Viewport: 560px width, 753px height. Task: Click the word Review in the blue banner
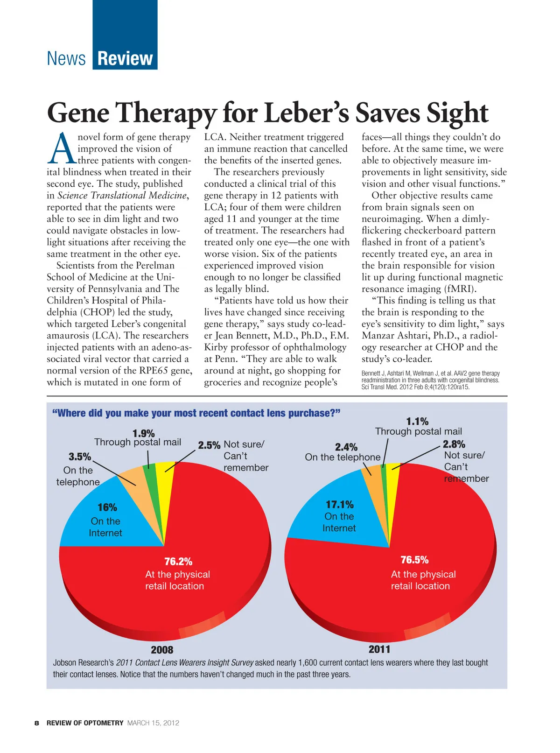point(125,59)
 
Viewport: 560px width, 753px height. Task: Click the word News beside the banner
point(66,59)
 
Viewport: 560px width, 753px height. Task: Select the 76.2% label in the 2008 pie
point(178,562)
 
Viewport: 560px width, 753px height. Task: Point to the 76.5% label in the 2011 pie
point(414,560)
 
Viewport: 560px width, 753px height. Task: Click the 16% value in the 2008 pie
point(107,507)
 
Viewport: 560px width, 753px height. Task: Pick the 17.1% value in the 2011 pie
point(339,505)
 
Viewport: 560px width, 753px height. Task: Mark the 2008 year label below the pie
point(162,650)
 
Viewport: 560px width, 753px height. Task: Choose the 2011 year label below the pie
point(379,649)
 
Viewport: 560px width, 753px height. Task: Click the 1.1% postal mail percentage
point(417,422)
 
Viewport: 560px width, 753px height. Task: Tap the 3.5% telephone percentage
point(80,457)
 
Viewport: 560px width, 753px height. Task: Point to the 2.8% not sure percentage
point(454,444)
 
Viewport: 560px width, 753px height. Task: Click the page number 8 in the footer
point(36,723)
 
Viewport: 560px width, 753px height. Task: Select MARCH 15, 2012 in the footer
point(153,723)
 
